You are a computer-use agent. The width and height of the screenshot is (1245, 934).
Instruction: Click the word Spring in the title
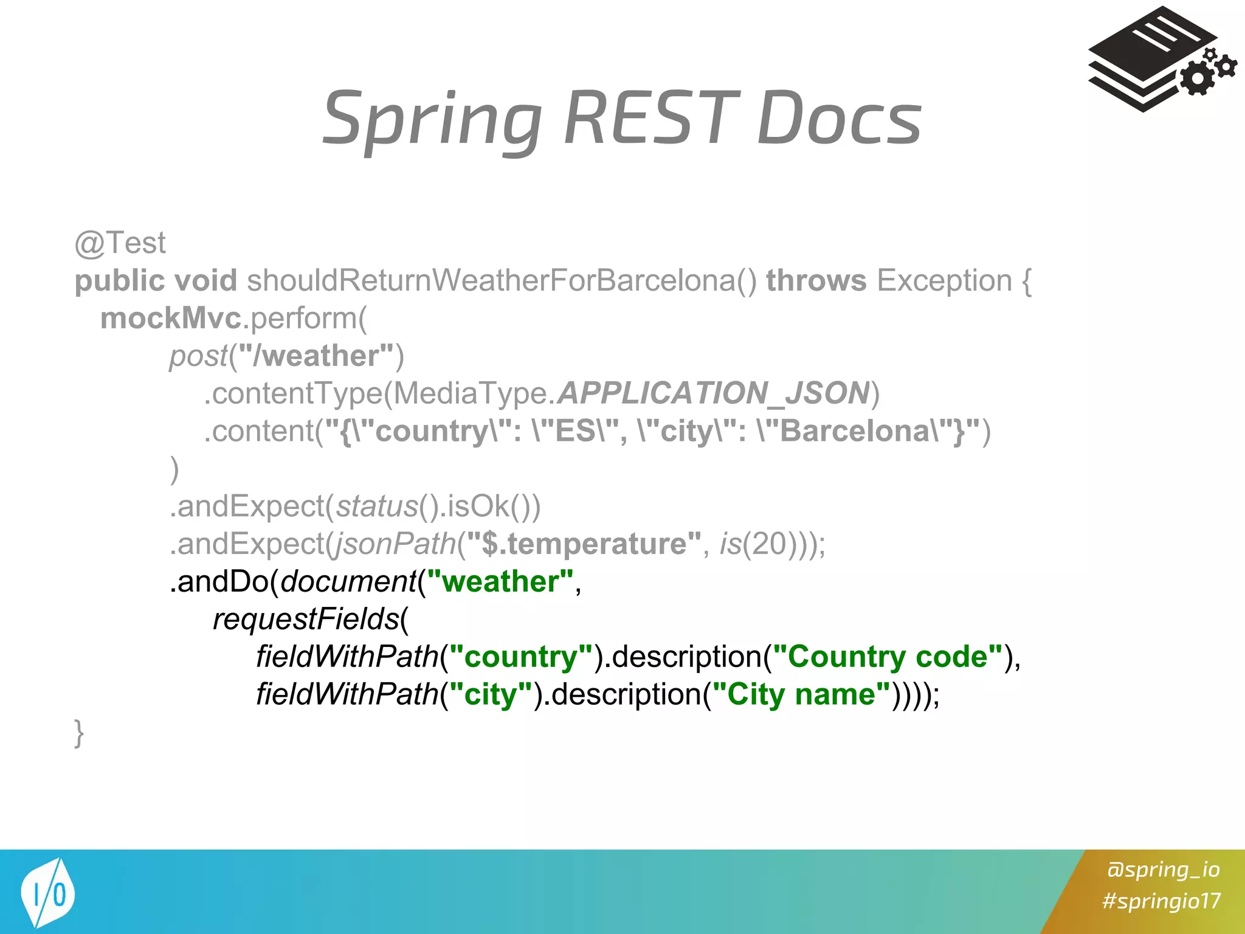point(432,119)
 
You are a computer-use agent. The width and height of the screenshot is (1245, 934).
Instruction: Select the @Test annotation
point(120,243)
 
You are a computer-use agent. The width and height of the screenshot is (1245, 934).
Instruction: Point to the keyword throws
point(816,280)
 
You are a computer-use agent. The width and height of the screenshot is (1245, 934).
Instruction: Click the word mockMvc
point(170,318)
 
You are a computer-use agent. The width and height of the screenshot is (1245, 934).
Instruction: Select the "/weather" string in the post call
point(316,356)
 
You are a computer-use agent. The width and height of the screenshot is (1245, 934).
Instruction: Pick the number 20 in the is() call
point(769,543)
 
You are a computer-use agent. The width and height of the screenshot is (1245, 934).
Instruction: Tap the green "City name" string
point(801,694)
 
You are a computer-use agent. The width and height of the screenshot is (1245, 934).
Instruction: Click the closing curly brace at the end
point(79,732)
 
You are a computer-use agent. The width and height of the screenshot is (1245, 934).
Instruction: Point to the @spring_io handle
point(1163,870)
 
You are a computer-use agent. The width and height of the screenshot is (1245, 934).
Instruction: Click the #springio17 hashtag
point(1161,901)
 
